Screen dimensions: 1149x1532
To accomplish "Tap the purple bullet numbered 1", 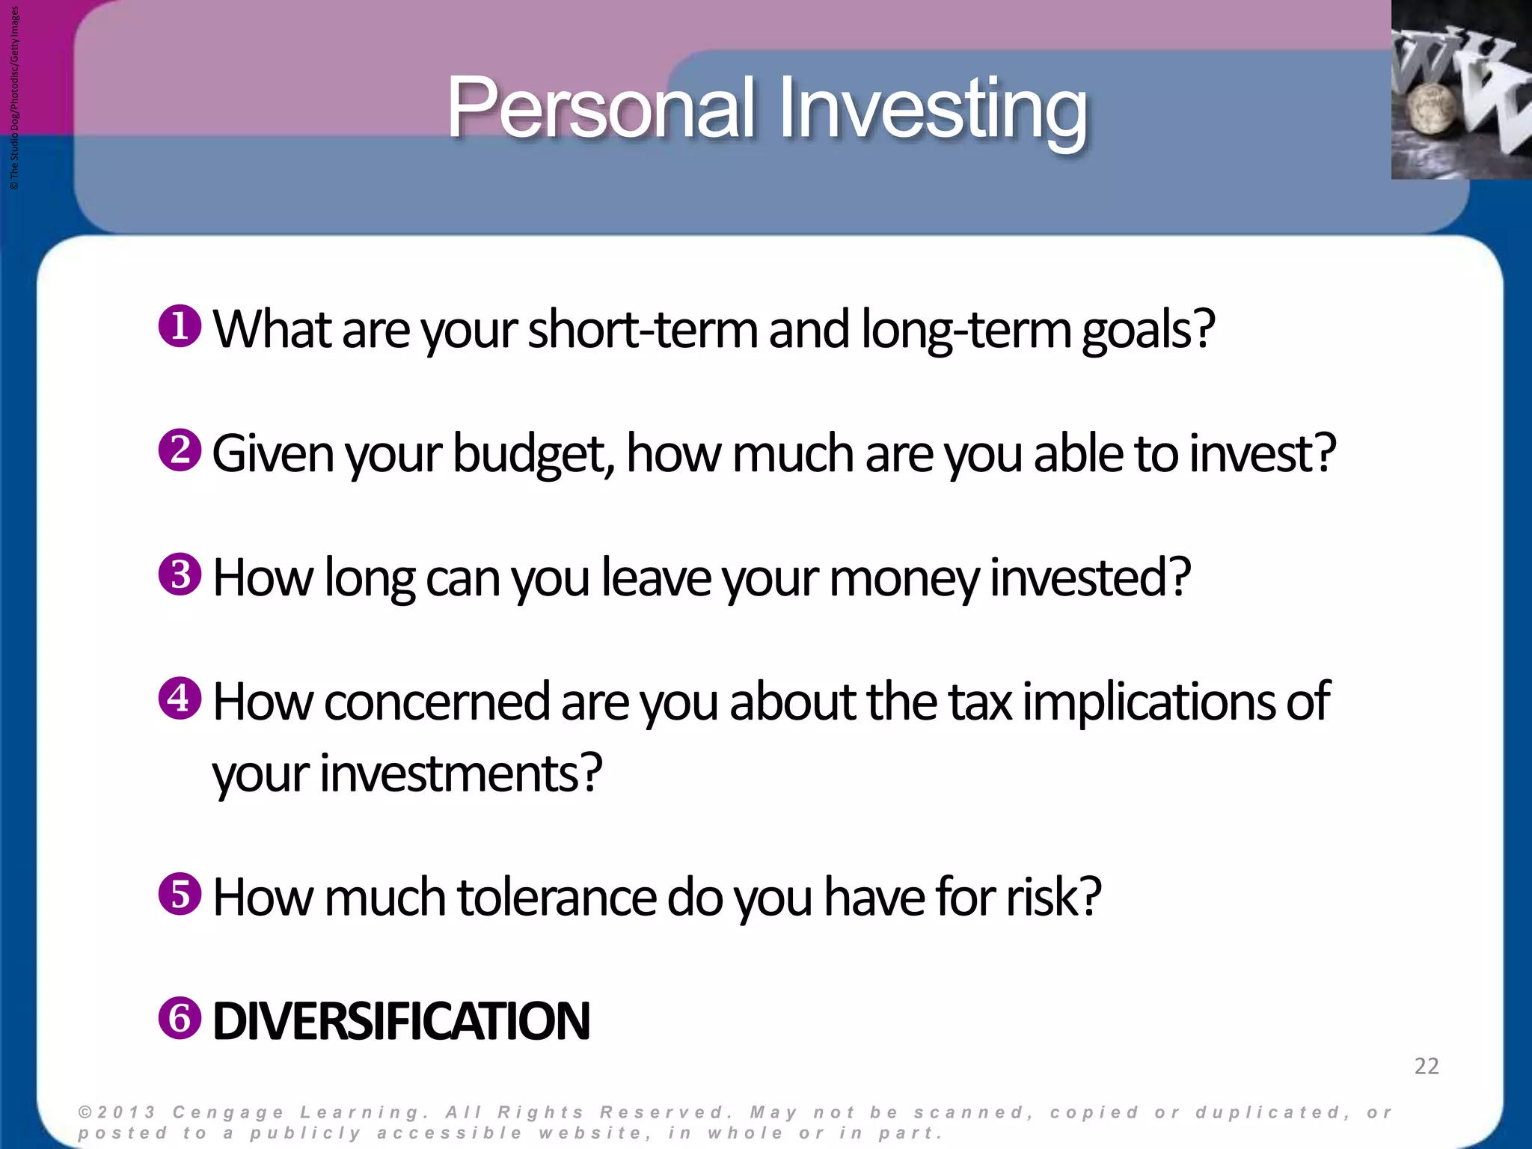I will pos(180,326).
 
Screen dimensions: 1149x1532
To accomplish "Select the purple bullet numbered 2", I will pos(180,450).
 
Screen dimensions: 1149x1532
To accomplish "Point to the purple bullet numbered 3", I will pos(180,574).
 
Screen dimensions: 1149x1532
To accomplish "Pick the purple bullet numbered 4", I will pos(180,699).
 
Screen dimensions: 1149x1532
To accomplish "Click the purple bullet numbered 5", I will pos(180,894).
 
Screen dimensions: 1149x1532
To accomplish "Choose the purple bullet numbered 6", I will pos(180,1018).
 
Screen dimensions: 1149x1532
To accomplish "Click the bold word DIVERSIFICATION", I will pos(402,1022).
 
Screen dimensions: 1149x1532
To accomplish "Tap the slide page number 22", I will pos(1427,1066).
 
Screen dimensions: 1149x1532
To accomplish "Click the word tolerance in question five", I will pos(557,897).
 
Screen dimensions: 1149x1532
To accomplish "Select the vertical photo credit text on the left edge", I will pos(15,97).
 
